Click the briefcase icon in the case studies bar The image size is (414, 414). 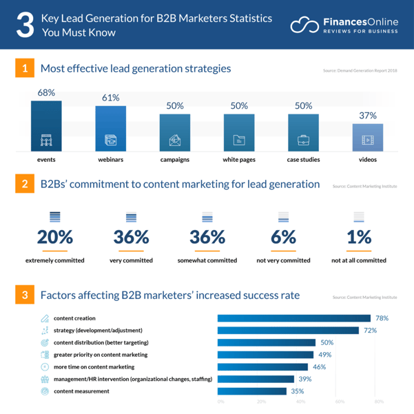tap(303, 141)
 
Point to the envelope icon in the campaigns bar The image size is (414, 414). tap(174, 141)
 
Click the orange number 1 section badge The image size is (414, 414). tap(24, 69)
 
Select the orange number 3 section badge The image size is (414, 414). tap(24, 296)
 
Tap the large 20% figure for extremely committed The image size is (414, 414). tap(55, 237)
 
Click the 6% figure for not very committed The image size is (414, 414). tap(282, 237)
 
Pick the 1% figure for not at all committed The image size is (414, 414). tap(358, 237)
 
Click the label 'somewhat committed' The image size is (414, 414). tap(207, 260)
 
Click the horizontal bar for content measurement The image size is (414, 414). tap(252, 391)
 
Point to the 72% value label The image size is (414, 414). tap(371, 331)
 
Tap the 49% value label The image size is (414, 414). tap(325, 355)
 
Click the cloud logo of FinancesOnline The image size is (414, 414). tap(304, 25)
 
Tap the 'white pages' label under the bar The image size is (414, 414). tap(239, 160)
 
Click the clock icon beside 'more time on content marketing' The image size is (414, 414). tap(45, 367)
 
